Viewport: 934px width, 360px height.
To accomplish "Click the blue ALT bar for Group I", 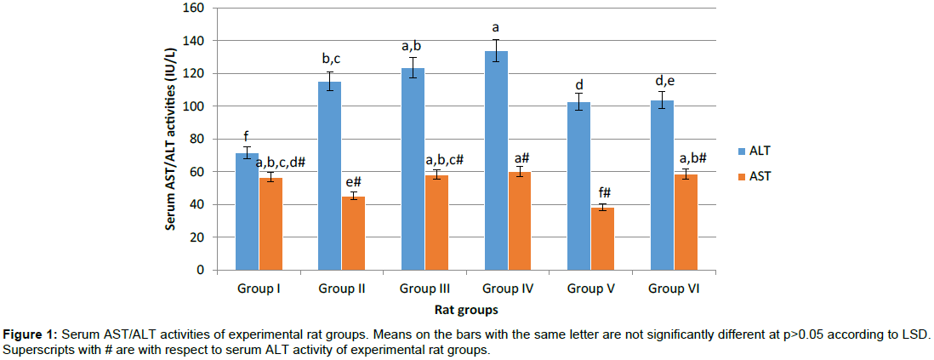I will (x=247, y=212).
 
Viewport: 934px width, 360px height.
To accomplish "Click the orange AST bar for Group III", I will (x=436, y=222).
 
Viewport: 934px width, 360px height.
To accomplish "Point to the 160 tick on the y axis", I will (x=195, y=9).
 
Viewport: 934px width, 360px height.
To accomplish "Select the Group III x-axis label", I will (x=424, y=289).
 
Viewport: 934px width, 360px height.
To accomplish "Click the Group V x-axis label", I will (x=591, y=289).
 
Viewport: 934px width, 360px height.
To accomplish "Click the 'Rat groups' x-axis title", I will (x=466, y=310).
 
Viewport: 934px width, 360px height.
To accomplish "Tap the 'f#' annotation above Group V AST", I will (x=602, y=192).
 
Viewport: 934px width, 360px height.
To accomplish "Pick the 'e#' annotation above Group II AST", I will (x=353, y=182).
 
